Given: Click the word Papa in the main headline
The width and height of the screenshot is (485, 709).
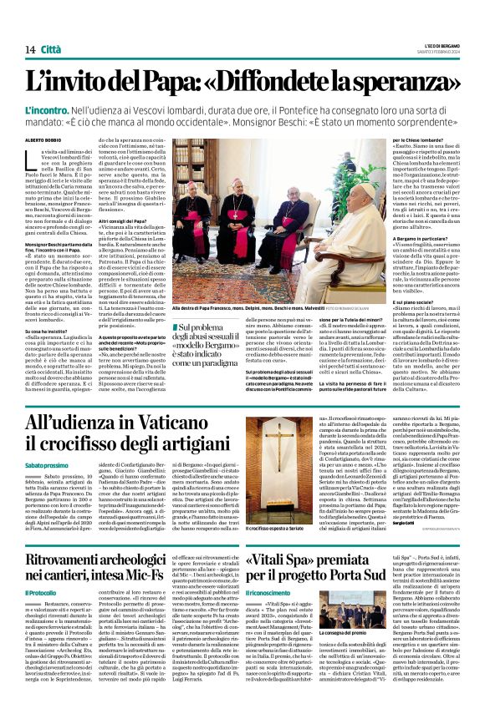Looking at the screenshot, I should click(x=163, y=82).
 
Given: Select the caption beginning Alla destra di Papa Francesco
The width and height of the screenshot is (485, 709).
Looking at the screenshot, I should click(x=242, y=284).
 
